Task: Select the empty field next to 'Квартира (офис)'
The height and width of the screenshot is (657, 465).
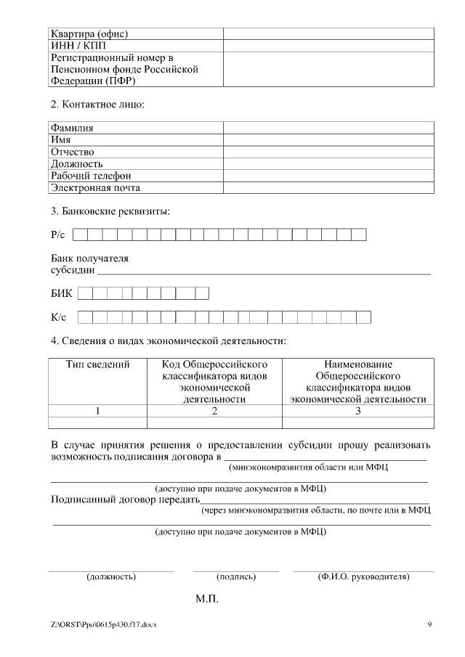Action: coord(328,33)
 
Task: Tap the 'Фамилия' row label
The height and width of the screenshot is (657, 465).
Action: coord(72,128)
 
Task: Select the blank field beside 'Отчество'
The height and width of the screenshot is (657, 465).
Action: coord(328,152)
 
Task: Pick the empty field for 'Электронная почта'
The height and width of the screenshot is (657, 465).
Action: coord(328,187)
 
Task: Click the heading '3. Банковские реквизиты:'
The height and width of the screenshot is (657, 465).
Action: coord(110,212)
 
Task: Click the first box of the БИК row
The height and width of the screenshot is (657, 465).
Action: coord(85,293)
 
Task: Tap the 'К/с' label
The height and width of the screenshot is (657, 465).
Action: coord(58,317)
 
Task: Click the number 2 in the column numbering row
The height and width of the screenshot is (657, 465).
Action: coord(214,412)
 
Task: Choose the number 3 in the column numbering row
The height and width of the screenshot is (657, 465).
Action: coord(357,412)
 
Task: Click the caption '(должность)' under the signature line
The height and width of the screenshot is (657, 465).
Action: coord(111,577)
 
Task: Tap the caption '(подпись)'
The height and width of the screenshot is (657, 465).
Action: coord(236,577)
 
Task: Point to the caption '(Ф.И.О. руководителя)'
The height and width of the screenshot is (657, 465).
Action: coord(363,577)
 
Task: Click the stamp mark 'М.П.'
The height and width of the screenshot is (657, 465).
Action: coord(207,600)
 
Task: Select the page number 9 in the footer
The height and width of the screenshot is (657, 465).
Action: coord(429,624)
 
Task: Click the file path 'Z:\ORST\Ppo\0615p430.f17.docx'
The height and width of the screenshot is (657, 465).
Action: coord(103,624)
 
